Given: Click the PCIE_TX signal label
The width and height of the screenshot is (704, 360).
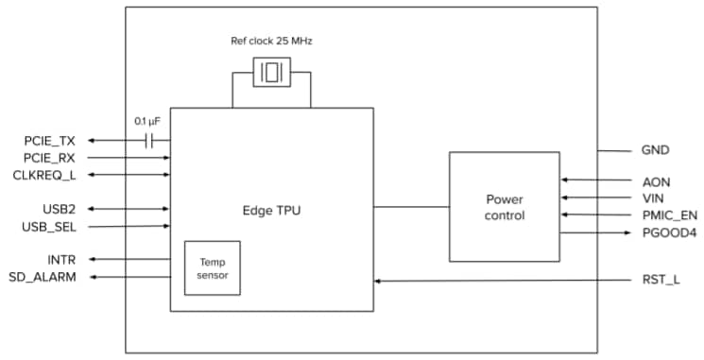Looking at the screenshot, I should (x=49, y=141).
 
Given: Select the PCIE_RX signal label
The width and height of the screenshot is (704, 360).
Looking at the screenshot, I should (x=49, y=158).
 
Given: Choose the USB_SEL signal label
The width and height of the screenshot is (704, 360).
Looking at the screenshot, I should (x=49, y=227).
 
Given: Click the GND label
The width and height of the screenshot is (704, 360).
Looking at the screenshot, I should (x=657, y=150).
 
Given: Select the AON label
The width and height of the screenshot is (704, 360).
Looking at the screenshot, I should (x=656, y=180).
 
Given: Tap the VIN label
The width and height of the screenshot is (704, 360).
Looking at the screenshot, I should (x=655, y=197).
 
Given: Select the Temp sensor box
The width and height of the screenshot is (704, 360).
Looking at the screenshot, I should (x=213, y=267).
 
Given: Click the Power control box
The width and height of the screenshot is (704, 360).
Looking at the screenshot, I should (x=504, y=207).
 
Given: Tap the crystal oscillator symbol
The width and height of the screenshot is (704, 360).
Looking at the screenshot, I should (x=271, y=73).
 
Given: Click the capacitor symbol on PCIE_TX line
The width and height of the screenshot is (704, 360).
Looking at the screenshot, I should (x=149, y=141).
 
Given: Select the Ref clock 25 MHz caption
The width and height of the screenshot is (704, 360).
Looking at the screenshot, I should (x=270, y=41).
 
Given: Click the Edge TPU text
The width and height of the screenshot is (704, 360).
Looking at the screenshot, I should (x=271, y=207).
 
